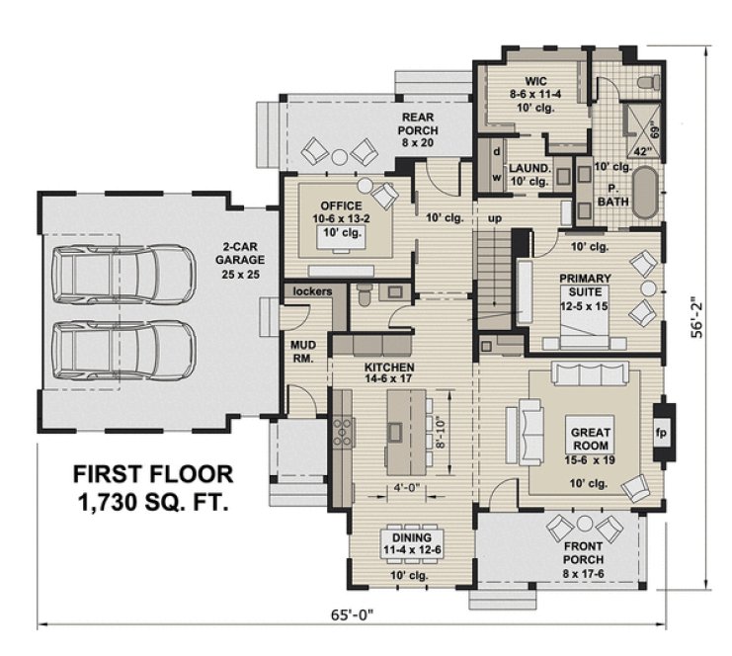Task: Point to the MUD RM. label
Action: tap(301, 352)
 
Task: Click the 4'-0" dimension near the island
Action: tap(404, 488)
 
